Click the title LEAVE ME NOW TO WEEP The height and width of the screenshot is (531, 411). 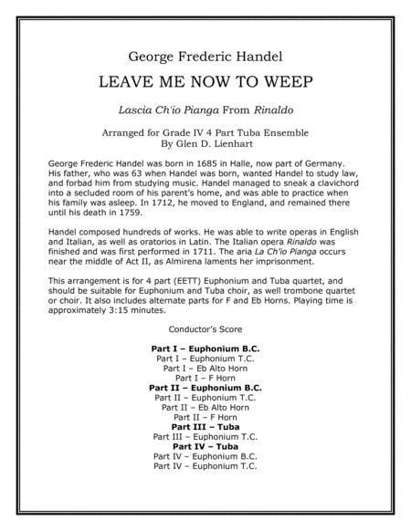tap(205, 81)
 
